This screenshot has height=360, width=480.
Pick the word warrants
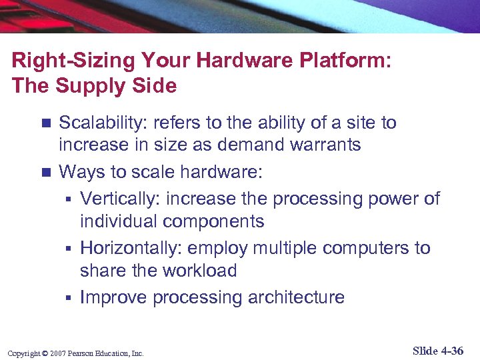click(x=327, y=145)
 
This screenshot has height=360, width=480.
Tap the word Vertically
click(x=121, y=199)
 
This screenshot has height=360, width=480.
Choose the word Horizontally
click(x=131, y=248)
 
